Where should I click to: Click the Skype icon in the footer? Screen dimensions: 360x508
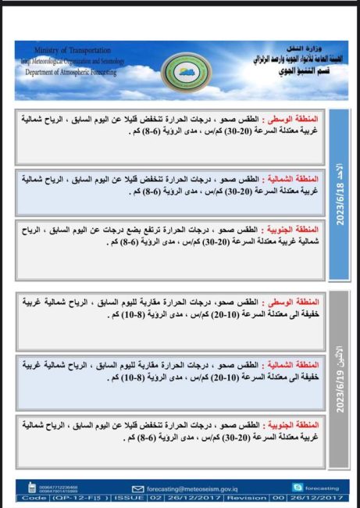click(x=299, y=485)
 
